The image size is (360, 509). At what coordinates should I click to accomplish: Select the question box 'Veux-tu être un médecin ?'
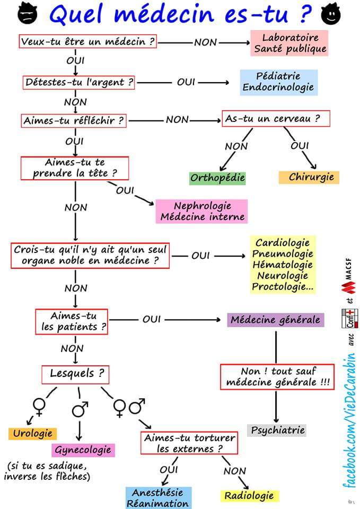click(88, 41)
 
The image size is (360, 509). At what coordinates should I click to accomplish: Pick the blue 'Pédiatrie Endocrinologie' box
click(278, 82)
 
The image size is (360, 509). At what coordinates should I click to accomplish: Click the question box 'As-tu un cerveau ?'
click(276, 119)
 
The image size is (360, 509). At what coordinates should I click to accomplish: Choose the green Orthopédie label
click(217, 178)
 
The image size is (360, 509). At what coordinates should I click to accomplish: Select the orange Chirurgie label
click(309, 177)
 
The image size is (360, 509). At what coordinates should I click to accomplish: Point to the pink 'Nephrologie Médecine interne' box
click(202, 211)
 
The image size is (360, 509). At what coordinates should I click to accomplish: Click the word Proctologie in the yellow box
click(283, 287)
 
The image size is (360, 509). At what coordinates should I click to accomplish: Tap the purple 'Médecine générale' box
click(275, 320)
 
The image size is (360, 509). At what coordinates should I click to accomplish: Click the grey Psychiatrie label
click(277, 430)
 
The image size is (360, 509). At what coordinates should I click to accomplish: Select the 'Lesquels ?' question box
click(76, 374)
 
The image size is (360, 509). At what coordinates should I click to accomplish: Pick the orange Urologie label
click(32, 433)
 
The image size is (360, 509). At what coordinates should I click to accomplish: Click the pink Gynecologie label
click(84, 450)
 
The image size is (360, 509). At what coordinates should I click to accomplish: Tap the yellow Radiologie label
click(249, 496)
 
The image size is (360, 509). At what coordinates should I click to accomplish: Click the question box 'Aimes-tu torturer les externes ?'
click(189, 443)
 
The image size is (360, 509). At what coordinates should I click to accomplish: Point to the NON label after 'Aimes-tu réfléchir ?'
click(177, 120)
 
